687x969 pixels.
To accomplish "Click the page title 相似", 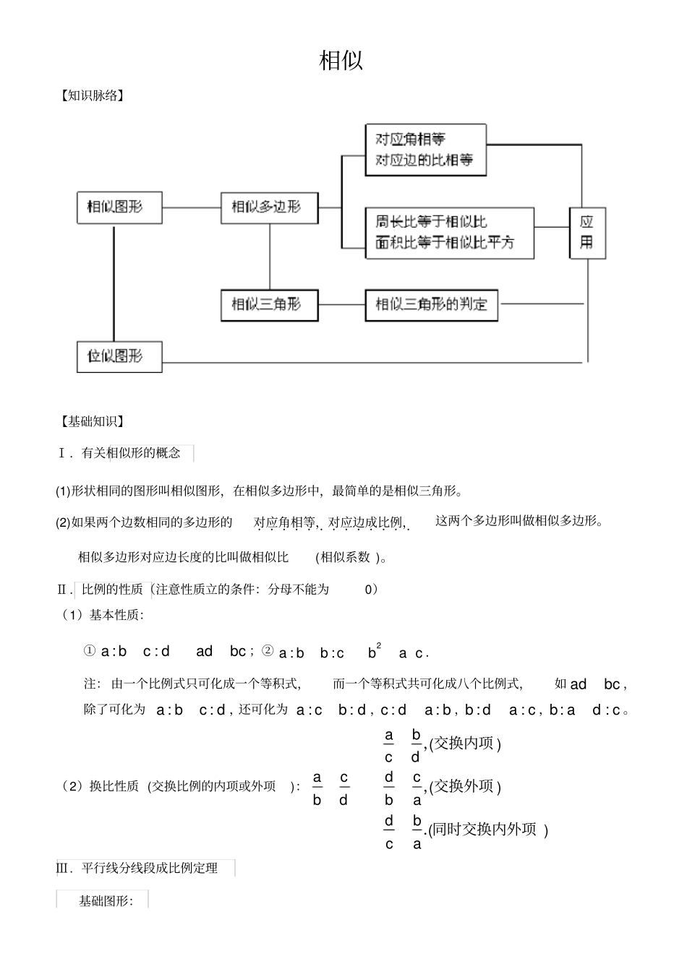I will (341, 61).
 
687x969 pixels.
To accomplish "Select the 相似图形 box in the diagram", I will (119, 207).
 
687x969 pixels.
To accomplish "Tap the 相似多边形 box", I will (269, 207).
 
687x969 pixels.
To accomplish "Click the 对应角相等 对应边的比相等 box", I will (425, 150).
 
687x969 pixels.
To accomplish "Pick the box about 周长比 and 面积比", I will (449, 233).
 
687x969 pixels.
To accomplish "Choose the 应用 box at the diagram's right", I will (587, 233).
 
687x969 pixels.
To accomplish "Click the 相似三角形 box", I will (269, 304).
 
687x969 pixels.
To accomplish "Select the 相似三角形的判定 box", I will (431, 304).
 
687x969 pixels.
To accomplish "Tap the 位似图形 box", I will (119, 356).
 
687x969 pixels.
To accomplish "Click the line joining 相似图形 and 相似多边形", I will (192, 208).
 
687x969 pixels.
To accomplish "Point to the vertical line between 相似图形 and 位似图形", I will (114, 282).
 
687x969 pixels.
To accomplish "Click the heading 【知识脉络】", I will (92, 95).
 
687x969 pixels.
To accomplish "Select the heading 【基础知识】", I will (92, 421).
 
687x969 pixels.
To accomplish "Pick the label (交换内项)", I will (465, 743).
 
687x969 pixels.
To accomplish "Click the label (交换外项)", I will (465, 786).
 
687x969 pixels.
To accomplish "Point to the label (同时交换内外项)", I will (488, 830).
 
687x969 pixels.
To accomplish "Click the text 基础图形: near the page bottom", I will (106, 901).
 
